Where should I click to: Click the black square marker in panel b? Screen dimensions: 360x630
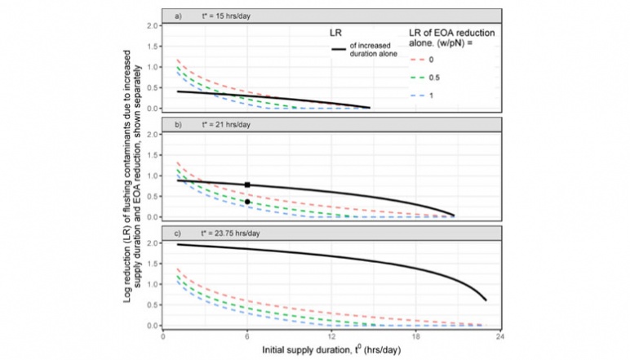click(x=247, y=184)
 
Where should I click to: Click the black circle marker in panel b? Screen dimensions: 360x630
click(x=247, y=201)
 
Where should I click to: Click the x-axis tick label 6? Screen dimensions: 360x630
click(x=247, y=336)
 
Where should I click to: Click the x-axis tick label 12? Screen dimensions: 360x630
click(x=331, y=336)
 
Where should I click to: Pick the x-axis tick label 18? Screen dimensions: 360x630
click(x=415, y=336)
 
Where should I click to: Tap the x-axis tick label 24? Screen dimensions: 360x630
click(x=499, y=336)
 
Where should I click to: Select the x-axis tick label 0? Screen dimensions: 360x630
click(x=163, y=336)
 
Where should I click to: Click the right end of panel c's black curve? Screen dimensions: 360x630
click(x=486, y=300)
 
